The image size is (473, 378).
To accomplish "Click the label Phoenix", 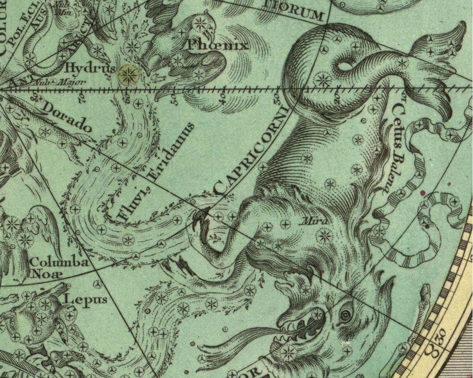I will click(x=218, y=45).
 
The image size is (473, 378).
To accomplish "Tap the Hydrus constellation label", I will click(x=89, y=68).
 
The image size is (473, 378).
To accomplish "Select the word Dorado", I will click(x=66, y=117).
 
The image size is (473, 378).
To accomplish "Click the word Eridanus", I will click(x=171, y=151).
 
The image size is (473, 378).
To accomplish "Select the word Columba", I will click(x=59, y=262).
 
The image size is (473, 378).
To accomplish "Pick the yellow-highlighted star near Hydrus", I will click(x=129, y=74).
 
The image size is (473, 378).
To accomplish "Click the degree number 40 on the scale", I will click(x=223, y=98).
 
